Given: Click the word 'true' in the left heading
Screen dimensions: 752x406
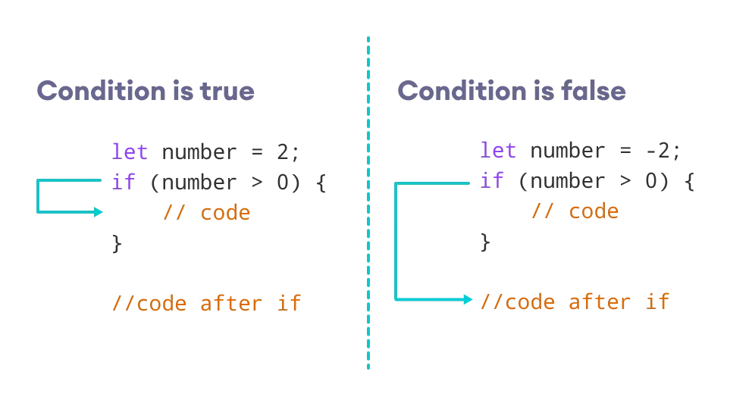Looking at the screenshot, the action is coord(227,91).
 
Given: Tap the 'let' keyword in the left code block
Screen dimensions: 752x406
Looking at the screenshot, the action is coord(130,152).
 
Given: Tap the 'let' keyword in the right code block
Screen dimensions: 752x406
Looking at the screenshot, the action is coord(498,151).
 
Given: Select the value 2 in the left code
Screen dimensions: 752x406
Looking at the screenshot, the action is coord(283,152).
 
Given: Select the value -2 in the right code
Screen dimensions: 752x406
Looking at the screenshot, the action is coord(658,151).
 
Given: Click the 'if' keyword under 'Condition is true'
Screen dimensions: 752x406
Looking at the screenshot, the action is coord(124,182).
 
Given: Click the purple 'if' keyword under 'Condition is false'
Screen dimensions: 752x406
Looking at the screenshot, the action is coord(491,181).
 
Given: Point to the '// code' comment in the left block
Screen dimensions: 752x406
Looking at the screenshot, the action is coord(207,212).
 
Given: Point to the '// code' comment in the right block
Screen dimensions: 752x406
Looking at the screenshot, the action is coord(575,211).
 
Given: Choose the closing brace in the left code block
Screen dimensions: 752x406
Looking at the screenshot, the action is coord(117,243).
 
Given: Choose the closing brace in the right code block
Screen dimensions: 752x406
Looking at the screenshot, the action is coord(485,242).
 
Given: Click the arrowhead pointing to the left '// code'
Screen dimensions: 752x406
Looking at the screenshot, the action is coord(99,212).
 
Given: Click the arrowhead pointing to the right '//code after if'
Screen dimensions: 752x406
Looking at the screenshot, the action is coord(468,300).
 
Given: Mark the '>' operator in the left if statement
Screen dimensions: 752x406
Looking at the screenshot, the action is coord(258,183).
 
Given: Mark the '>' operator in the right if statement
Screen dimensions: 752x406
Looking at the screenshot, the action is coord(625,181).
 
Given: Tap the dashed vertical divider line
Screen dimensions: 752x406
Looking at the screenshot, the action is coord(368,203).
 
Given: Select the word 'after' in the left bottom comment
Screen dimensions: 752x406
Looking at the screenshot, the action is coord(231,304).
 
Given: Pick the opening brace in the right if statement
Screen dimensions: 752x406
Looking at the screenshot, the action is coord(690,181).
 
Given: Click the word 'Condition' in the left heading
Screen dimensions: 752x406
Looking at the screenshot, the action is coord(102,91).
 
